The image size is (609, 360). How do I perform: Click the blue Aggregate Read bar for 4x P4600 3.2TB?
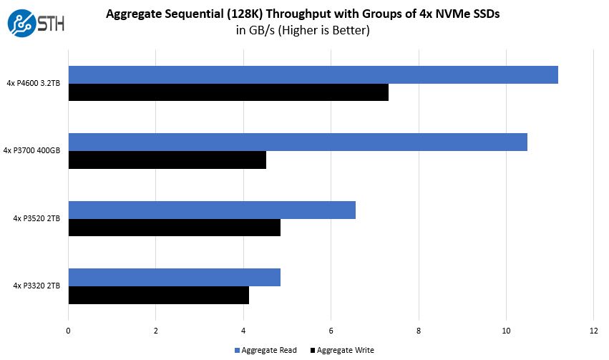[x=313, y=74]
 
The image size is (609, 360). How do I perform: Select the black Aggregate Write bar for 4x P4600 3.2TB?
[x=228, y=92]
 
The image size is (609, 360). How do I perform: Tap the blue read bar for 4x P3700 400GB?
[x=298, y=142]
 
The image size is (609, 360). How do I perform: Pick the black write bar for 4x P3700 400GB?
[x=167, y=160]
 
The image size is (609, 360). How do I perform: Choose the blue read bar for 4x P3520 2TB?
[x=212, y=210]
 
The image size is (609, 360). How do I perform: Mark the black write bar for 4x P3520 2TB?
[x=174, y=228]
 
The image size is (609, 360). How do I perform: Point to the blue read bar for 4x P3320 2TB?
[x=174, y=277]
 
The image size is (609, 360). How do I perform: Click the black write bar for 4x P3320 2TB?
[x=158, y=295]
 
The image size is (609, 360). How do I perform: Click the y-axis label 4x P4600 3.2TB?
[x=33, y=84]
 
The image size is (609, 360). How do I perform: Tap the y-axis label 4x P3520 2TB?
[x=36, y=218]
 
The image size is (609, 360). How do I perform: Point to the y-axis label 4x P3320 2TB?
[x=36, y=286]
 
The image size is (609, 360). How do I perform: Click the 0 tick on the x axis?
[x=68, y=331]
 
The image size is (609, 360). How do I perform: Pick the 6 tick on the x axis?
[x=331, y=331]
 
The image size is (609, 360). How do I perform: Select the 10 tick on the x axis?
[x=506, y=331]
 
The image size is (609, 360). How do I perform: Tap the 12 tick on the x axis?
[x=593, y=331]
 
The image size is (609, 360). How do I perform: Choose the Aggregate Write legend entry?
[x=342, y=350]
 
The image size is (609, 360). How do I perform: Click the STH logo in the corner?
[x=36, y=22]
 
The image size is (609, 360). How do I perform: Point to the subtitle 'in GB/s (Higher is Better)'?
[x=303, y=30]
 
